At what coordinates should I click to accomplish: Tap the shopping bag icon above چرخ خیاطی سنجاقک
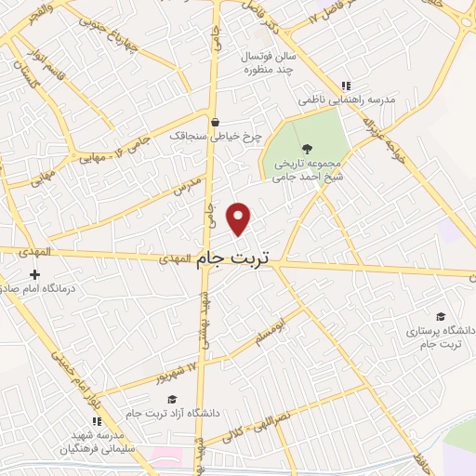216,121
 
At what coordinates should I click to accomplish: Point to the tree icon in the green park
307,148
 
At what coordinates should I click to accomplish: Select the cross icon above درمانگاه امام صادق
34,275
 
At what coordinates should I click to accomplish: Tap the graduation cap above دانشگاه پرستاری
439,316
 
